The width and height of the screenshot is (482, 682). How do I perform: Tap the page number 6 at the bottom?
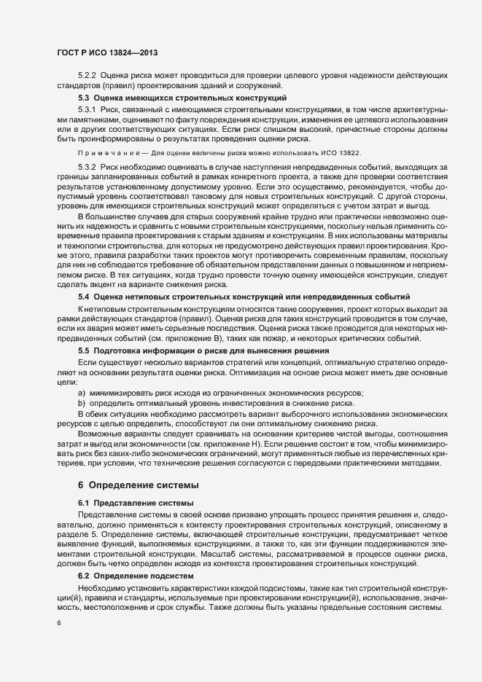point(58,624)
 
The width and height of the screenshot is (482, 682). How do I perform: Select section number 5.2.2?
point(88,76)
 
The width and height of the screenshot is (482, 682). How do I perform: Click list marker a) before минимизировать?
point(82,393)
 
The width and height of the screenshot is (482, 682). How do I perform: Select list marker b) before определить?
point(82,402)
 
